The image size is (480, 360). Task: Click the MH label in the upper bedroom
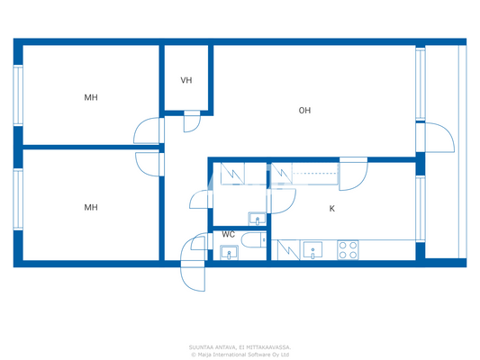[x=91, y=97]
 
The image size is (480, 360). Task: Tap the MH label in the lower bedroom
[x=91, y=207]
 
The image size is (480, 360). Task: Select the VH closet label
[x=186, y=81]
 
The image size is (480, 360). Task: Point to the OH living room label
[x=305, y=111]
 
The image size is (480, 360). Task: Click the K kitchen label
[x=331, y=209]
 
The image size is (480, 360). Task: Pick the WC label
[x=229, y=235]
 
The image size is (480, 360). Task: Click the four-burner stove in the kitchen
[x=348, y=249]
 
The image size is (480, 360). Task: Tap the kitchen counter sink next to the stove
[x=312, y=249]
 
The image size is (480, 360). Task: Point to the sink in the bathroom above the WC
[x=257, y=219]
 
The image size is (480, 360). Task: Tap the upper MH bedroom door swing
[x=146, y=132]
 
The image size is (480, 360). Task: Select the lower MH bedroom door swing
[x=148, y=163]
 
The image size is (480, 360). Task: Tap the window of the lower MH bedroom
[x=17, y=200]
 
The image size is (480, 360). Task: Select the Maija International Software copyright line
[x=240, y=354]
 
